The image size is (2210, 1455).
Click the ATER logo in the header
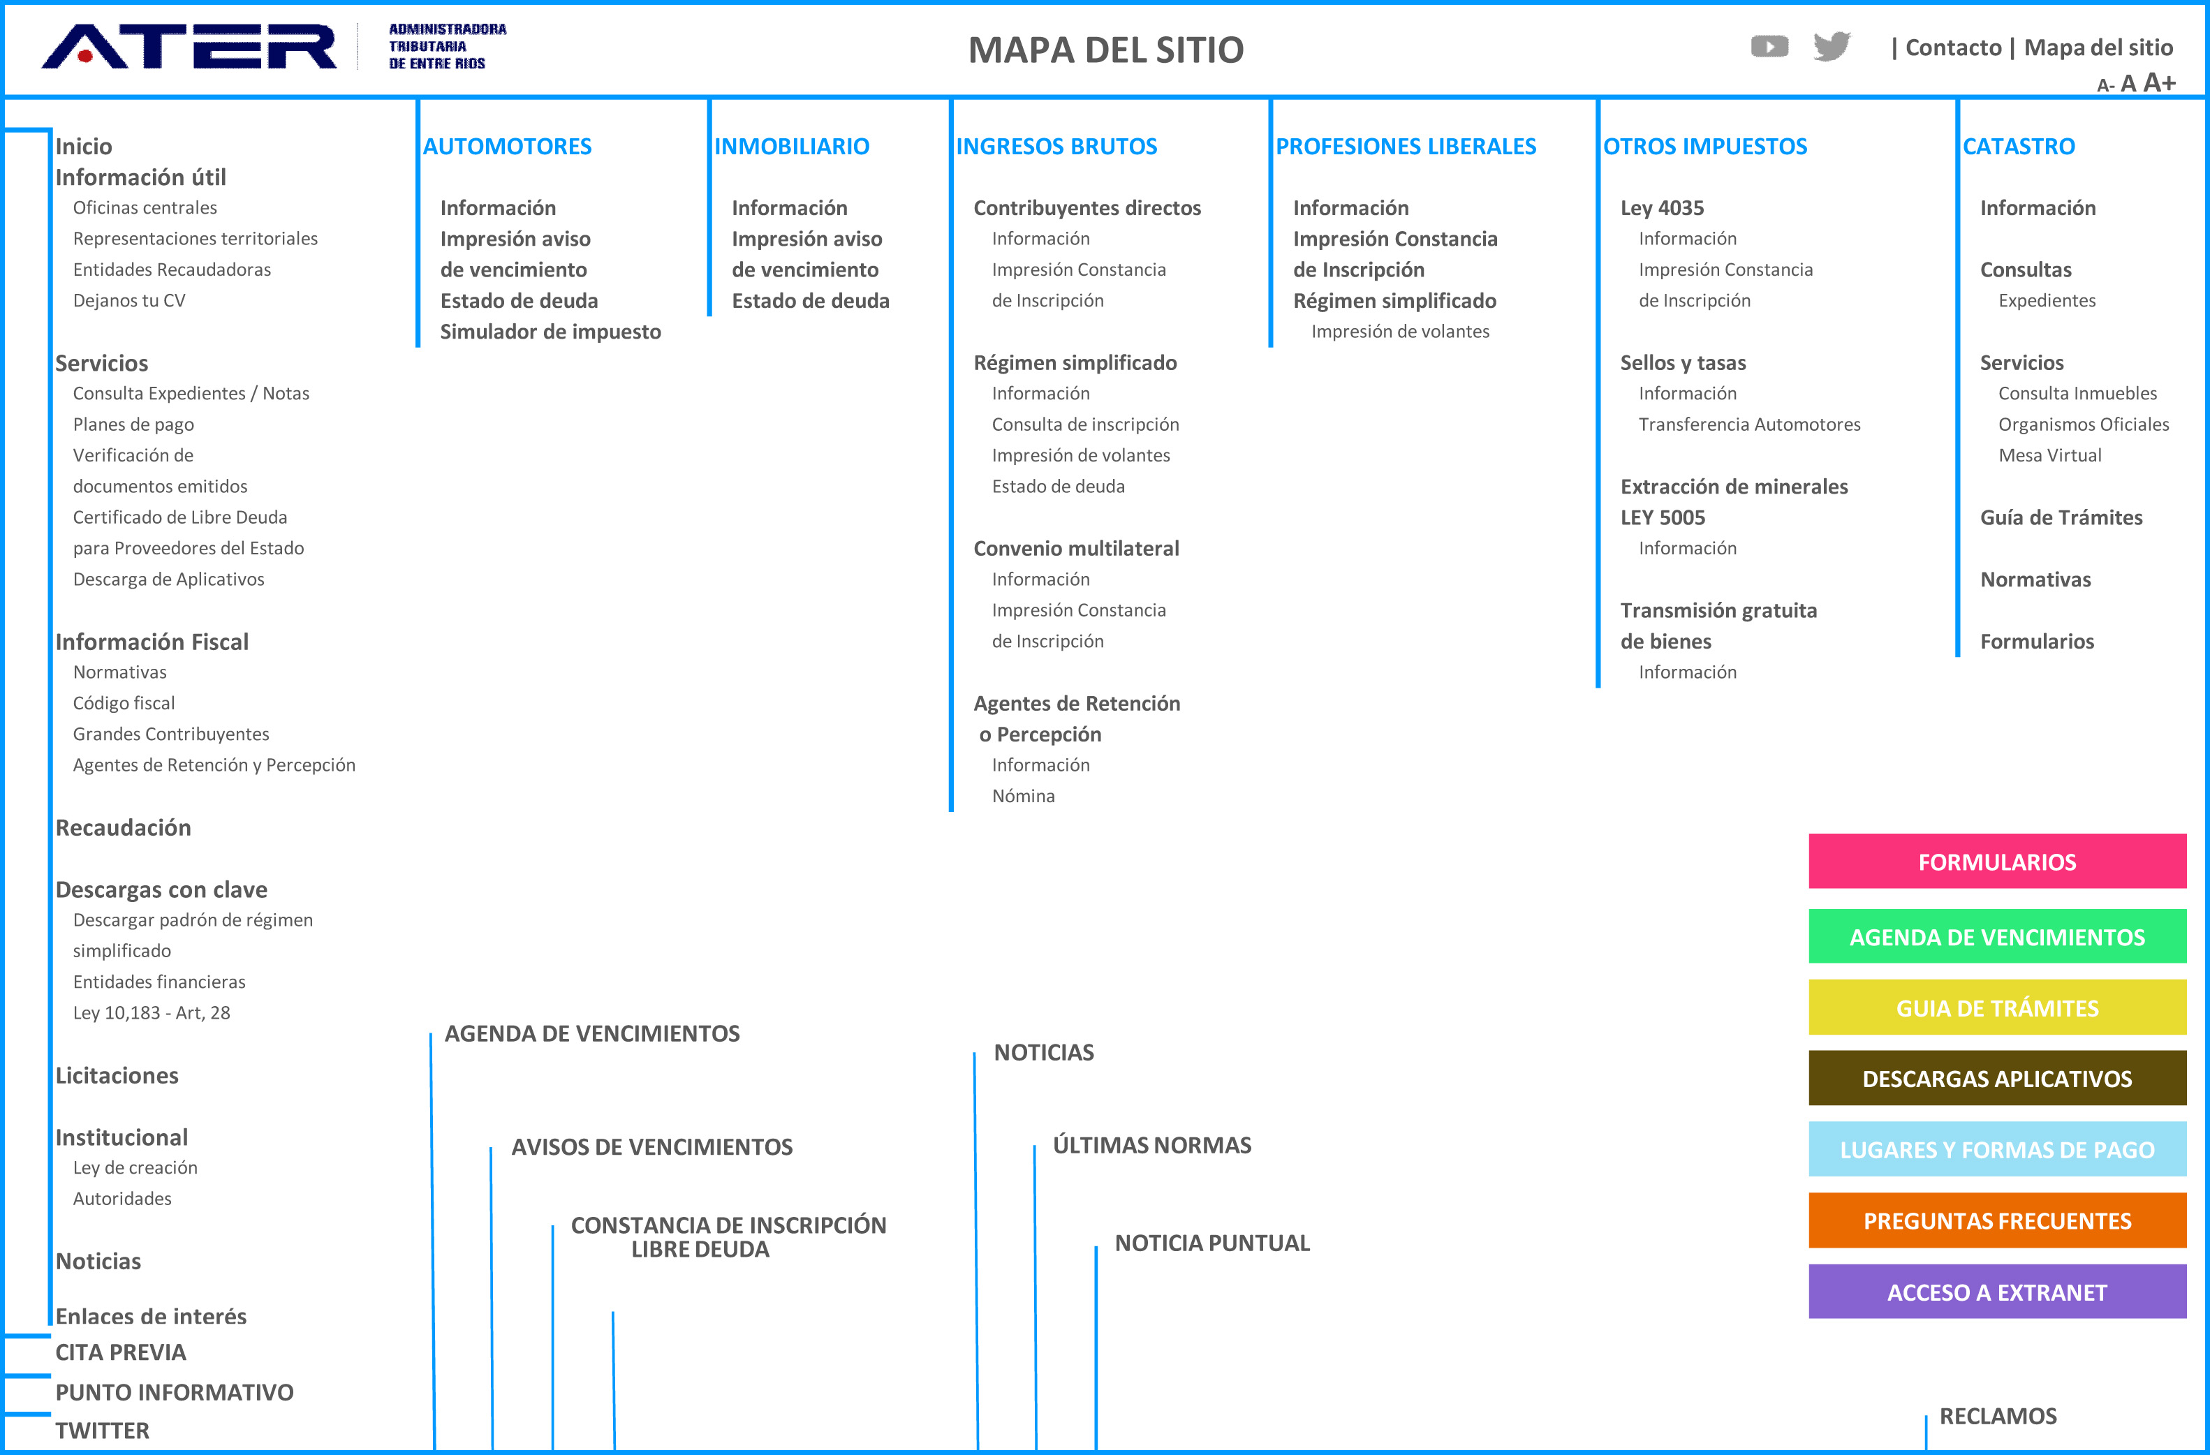(189, 46)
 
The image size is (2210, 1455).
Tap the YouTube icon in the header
(1769, 46)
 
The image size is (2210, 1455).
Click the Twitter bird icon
(1831, 46)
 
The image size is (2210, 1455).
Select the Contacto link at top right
(1953, 47)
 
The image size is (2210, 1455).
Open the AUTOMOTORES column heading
(507, 146)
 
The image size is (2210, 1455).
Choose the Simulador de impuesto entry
(551, 332)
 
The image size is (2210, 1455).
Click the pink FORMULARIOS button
(1997, 862)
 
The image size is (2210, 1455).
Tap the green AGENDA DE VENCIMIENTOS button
(1997, 937)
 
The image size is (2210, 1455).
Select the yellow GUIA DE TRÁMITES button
(1997, 1007)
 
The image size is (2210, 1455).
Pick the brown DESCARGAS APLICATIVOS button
(1997, 1078)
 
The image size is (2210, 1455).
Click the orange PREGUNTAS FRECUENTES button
(1997, 1220)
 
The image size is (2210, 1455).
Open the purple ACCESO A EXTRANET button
(1997, 1292)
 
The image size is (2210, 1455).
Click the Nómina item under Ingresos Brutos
(1023, 796)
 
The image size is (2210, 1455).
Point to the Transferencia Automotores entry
(1749, 424)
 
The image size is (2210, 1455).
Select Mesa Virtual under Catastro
(2049, 455)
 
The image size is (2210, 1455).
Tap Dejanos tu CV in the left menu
(129, 300)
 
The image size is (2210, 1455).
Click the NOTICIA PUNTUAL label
(1211, 1243)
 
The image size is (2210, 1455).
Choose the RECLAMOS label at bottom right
(1998, 1416)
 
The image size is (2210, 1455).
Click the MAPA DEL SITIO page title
(1106, 49)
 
